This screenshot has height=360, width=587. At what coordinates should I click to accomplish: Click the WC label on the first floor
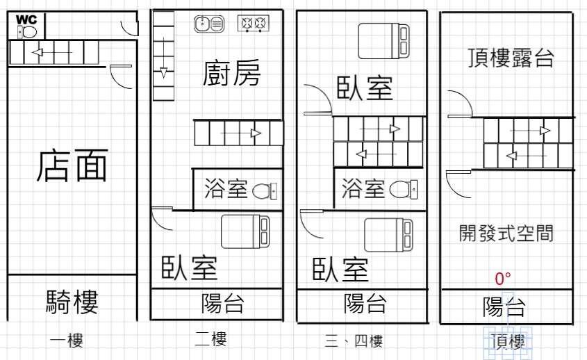[26, 19]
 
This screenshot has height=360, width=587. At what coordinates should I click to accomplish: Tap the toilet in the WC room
[27, 32]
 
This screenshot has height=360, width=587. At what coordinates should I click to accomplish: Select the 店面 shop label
[72, 165]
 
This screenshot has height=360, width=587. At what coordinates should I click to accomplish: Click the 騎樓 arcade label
[72, 302]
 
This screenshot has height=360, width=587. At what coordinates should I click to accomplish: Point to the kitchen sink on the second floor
[209, 24]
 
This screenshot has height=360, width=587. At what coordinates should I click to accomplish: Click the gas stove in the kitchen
[254, 24]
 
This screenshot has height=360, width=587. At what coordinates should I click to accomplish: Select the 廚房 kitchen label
[232, 73]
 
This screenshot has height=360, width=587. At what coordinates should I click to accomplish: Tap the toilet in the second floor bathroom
[265, 191]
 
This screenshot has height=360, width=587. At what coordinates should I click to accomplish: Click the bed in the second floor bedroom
[245, 231]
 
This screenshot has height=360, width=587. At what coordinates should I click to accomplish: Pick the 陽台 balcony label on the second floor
[223, 304]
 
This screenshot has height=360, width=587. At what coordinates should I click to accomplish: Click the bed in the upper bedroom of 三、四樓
[383, 41]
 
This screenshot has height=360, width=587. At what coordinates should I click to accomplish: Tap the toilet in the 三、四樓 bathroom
[403, 190]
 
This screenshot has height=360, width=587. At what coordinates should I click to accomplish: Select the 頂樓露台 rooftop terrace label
[511, 58]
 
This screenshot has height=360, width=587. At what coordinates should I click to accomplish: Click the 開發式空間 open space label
[506, 233]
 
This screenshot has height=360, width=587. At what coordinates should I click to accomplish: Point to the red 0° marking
[503, 279]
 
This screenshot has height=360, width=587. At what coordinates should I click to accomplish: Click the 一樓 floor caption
[67, 341]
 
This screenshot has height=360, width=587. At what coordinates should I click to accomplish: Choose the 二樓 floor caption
[210, 338]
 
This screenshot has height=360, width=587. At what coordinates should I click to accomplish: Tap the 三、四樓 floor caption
[354, 341]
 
